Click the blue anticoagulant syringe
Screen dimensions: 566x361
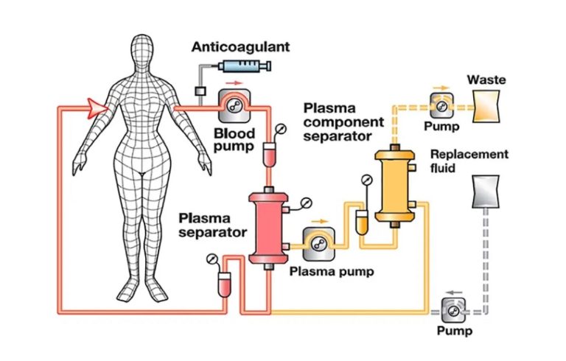(245, 66)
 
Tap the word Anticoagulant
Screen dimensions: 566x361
(240, 47)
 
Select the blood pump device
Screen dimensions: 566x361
(234, 105)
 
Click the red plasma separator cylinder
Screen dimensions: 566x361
(268, 228)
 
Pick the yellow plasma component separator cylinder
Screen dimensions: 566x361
(394, 186)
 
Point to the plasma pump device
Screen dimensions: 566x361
(318, 244)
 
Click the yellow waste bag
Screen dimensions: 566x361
(486, 106)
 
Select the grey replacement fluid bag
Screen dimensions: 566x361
(486, 192)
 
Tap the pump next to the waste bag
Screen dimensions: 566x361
(441, 105)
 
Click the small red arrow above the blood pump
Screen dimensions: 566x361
(236, 83)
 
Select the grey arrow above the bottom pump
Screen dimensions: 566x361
(455, 292)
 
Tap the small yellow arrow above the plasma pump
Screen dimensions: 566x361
(320, 221)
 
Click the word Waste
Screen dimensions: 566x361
(486, 80)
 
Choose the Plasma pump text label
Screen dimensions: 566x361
(332, 271)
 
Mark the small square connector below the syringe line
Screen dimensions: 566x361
(200, 91)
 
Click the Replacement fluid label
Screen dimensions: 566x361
(469, 161)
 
